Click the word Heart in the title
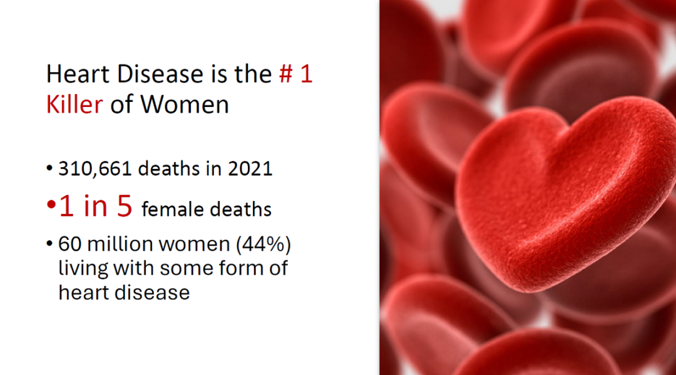78,74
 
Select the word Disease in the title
160,74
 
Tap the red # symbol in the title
286,74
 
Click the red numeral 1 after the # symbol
306,74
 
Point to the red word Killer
74,105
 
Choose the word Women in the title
185,105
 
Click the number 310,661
95,168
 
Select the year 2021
250,168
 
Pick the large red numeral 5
125,205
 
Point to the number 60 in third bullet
70,244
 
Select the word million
116,244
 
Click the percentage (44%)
264,244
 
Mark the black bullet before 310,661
49,168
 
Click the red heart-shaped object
565,194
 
